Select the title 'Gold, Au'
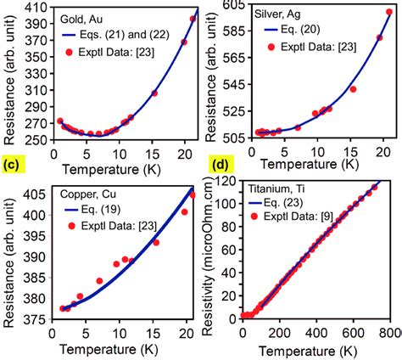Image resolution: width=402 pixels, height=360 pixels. tap(74, 18)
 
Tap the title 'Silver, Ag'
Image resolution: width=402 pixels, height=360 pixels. tap(281, 17)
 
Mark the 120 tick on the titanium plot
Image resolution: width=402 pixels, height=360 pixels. tap(224, 182)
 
